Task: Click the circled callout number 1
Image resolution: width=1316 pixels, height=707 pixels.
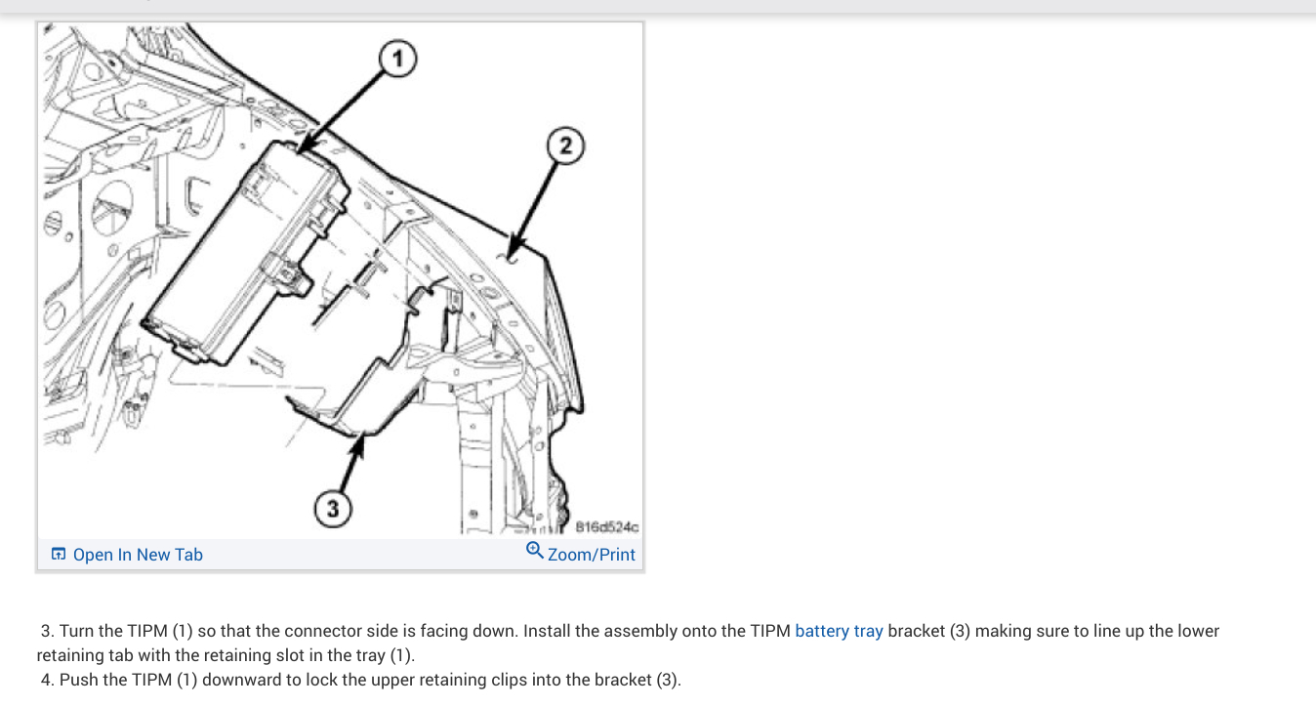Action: pyautogui.click(x=396, y=60)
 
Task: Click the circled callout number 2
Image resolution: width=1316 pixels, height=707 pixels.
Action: pyautogui.click(x=565, y=146)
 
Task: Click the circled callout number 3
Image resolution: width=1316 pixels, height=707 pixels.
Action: pyautogui.click(x=333, y=509)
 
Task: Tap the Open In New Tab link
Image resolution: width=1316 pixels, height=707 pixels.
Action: pyautogui.click(x=138, y=555)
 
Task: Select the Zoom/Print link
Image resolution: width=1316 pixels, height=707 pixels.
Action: pyautogui.click(x=592, y=555)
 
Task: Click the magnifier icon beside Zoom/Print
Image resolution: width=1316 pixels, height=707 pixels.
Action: pyautogui.click(x=534, y=551)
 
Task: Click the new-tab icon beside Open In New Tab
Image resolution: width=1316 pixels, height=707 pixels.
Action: pyautogui.click(x=59, y=555)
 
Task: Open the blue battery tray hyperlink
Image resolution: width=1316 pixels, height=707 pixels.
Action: pyautogui.click(x=839, y=631)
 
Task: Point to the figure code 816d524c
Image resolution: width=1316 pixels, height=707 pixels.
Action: pyautogui.click(x=606, y=527)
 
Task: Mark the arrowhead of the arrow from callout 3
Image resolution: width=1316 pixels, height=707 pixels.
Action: pyautogui.click(x=361, y=439)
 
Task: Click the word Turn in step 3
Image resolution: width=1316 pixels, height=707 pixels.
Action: pyautogui.click(x=76, y=631)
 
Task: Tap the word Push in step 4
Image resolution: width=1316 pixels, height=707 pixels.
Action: pyautogui.click(x=77, y=680)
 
